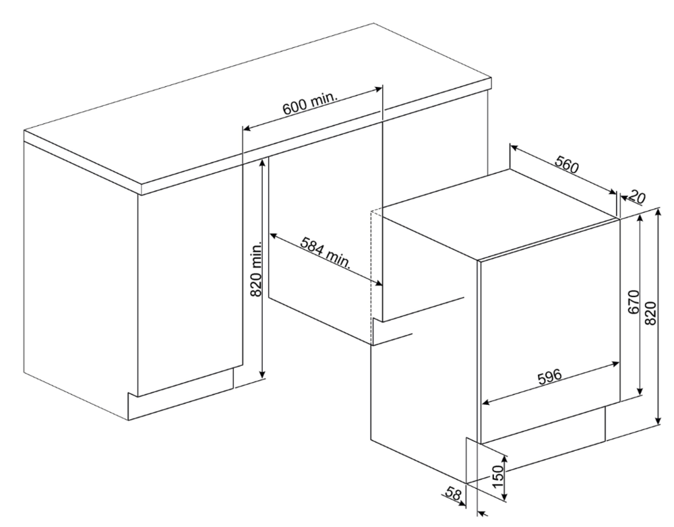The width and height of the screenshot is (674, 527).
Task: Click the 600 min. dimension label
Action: (x=309, y=104)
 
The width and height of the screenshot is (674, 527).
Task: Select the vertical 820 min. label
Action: (x=256, y=270)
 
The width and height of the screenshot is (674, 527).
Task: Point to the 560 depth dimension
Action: (x=568, y=164)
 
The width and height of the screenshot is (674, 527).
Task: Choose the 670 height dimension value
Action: (x=634, y=303)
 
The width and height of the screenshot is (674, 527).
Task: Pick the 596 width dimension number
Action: (x=550, y=377)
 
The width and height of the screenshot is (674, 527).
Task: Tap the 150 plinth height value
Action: (x=497, y=476)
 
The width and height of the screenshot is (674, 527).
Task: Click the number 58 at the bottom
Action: (x=454, y=493)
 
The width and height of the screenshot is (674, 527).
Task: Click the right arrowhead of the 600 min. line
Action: (x=378, y=89)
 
